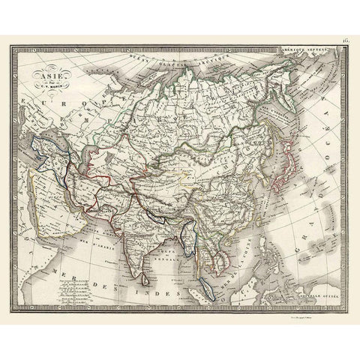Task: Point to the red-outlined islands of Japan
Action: (282, 166)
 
